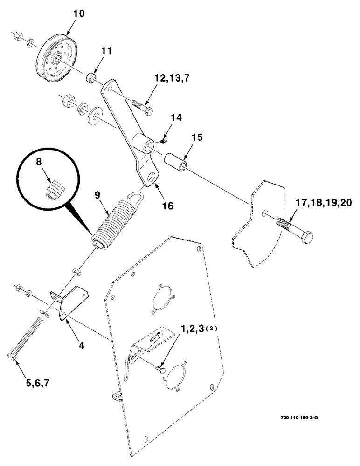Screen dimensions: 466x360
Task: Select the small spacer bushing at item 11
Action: [x=91, y=76]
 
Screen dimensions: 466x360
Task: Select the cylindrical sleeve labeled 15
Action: [x=176, y=160]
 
